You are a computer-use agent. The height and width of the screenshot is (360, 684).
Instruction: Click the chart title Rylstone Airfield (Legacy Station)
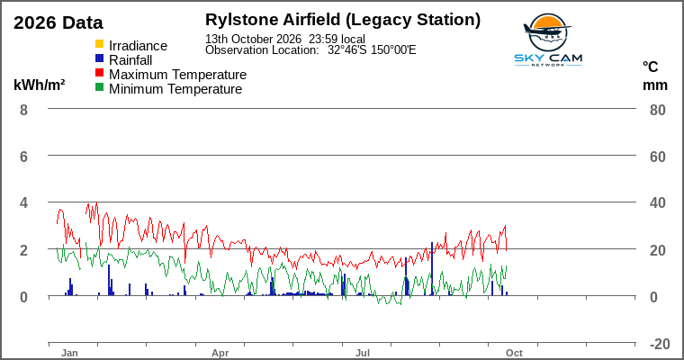(343, 20)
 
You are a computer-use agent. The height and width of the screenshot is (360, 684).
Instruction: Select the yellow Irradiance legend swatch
(100, 44)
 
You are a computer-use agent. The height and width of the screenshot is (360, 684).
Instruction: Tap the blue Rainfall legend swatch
(100, 58)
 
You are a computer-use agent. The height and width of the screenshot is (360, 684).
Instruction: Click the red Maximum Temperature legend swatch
(100, 73)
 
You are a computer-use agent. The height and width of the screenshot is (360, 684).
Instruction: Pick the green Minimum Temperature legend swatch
(100, 87)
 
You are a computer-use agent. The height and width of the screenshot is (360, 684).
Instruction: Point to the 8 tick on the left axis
(23, 110)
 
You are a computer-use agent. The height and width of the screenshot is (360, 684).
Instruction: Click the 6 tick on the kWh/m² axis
(23, 157)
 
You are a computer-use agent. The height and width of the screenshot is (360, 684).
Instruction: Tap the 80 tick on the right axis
(658, 110)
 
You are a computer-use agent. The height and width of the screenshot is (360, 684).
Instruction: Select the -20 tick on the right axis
(660, 344)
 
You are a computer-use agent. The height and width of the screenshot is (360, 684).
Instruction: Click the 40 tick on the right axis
(658, 202)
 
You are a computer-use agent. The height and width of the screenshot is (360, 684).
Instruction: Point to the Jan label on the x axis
(69, 353)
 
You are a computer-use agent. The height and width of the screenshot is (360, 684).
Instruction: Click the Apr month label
(220, 353)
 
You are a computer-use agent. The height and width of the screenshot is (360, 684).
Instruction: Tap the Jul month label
(363, 353)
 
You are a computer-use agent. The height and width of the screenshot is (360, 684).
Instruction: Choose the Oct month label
(514, 353)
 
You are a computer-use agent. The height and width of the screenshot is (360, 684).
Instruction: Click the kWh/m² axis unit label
(40, 85)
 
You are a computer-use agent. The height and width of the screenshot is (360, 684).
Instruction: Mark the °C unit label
(650, 67)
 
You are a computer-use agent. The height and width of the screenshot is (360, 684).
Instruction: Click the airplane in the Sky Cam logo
(546, 30)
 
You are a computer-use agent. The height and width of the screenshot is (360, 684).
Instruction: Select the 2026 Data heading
(58, 22)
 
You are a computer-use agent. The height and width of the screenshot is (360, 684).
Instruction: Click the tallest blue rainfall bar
(432, 269)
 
